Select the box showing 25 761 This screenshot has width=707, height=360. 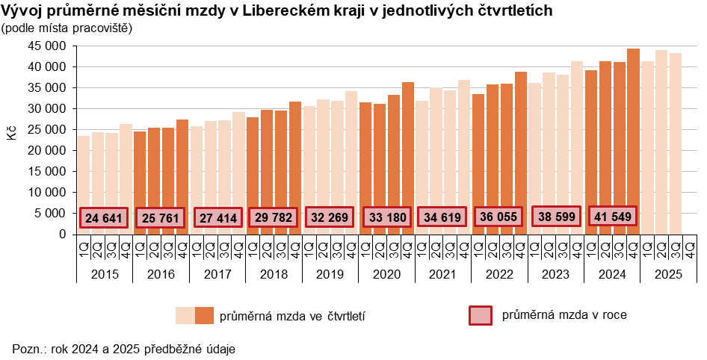(x=161, y=218)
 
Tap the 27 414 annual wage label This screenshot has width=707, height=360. (x=217, y=218)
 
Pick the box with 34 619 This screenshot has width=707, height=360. (x=442, y=217)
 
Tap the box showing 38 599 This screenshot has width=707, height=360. (x=556, y=217)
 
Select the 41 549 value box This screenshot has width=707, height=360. (x=613, y=217)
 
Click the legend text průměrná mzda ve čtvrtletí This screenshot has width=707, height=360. (x=292, y=316)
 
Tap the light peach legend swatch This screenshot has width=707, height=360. (x=185, y=315)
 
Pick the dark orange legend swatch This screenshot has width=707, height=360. (x=204, y=315)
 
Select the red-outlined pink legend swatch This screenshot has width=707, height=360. (x=480, y=316)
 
